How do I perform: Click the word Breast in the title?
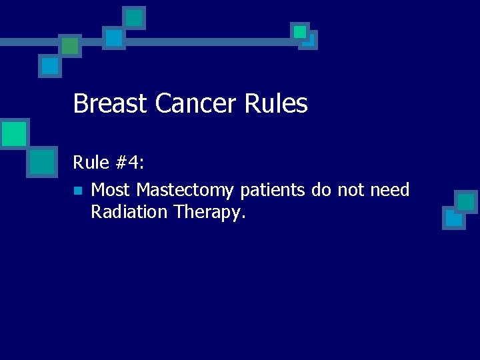[111, 104]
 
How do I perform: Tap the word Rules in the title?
[277, 104]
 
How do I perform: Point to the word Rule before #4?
[90, 162]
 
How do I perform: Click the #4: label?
[130, 162]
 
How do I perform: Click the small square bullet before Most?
[78, 191]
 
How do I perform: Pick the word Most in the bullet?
[111, 191]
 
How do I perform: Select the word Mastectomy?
[185, 191]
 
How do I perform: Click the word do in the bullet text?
[321, 191]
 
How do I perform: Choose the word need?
[390, 191]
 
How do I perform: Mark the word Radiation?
[129, 212]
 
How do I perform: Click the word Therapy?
[210, 213]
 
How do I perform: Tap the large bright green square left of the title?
[13, 133]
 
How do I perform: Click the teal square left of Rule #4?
[42, 161]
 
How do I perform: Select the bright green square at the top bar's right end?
[300, 31]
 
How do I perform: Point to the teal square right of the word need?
[466, 201]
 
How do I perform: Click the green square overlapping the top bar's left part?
[69, 45]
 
